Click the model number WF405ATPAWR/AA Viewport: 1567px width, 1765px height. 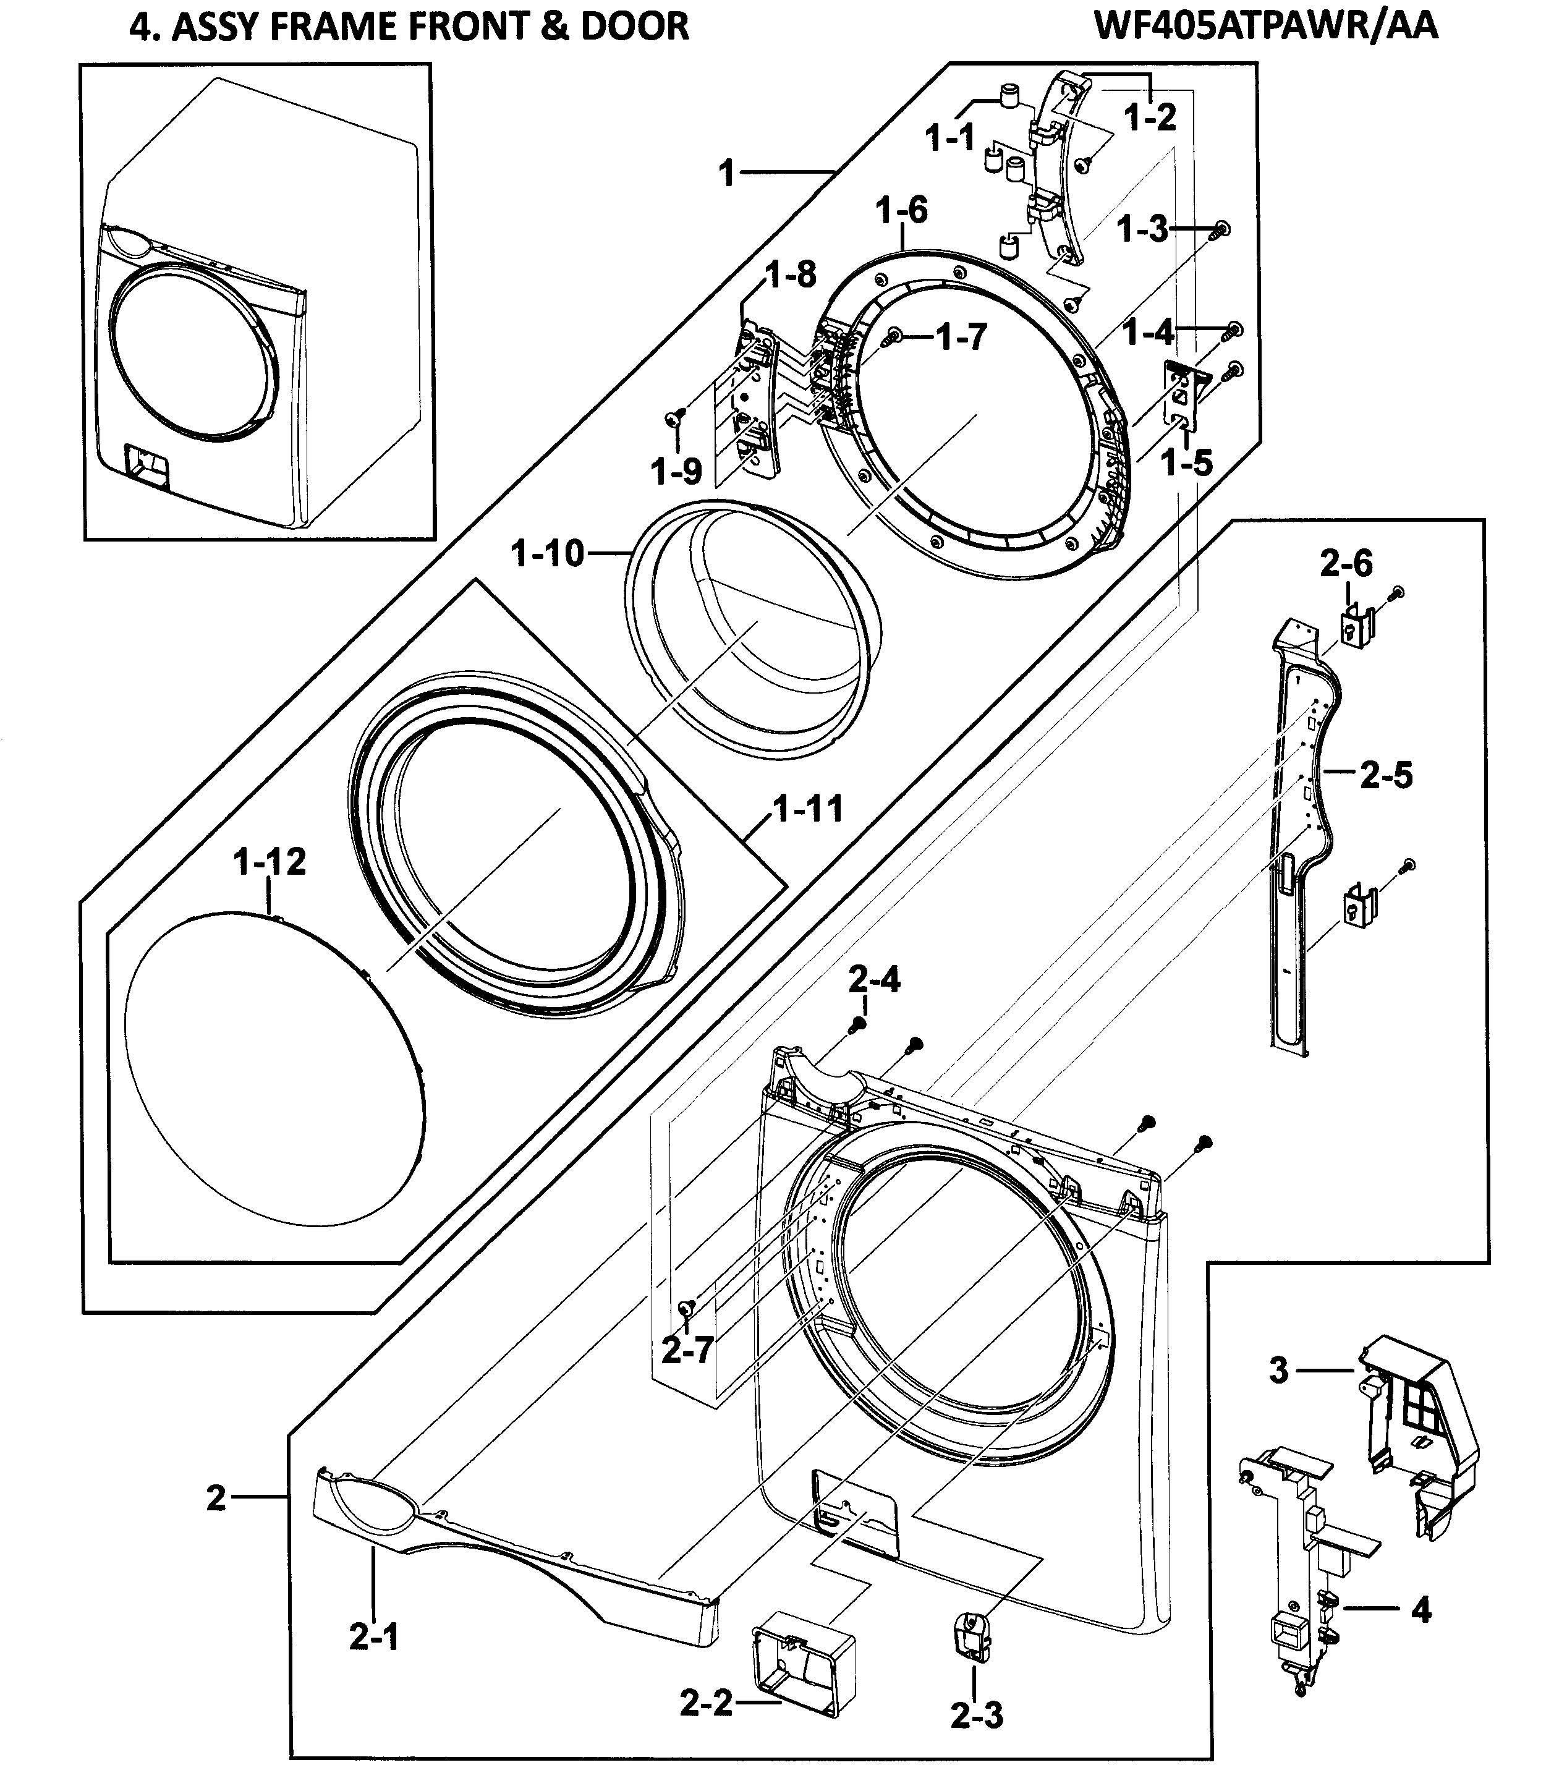tap(1266, 26)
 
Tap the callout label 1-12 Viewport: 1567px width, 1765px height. tap(270, 862)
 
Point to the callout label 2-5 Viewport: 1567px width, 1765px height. tap(1386, 775)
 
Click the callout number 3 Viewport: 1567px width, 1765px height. tap(1279, 1369)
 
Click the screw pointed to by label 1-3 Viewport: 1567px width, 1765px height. tap(1221, 229)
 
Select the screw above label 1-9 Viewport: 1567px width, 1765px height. tap(673, 418)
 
